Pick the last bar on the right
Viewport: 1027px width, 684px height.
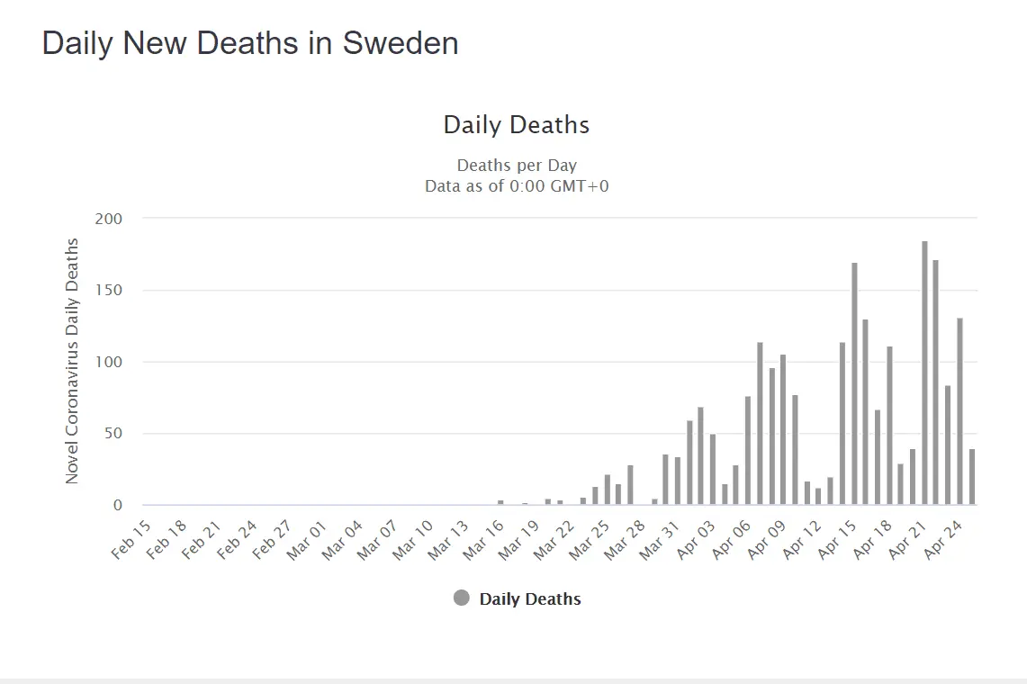[x=972, y=477]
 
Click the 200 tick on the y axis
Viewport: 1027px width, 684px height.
[x=108, y=219]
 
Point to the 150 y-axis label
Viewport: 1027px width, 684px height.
[x=108, y=291]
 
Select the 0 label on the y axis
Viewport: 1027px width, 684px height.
[x=116, y=506]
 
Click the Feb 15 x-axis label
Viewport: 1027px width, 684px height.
[x=131, y=538]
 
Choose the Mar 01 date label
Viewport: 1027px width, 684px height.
[x=307, y=538]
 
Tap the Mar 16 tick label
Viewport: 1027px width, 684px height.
[x=482, y=538]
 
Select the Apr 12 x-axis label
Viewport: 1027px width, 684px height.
[x=801, y=538]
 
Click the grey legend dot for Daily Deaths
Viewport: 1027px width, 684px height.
[x=462, y=598]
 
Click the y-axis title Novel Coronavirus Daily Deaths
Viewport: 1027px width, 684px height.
[x=73, y=361]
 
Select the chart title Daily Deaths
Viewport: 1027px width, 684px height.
[x=517, y=125]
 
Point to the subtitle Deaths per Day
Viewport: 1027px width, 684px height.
[x=517, y=166]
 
